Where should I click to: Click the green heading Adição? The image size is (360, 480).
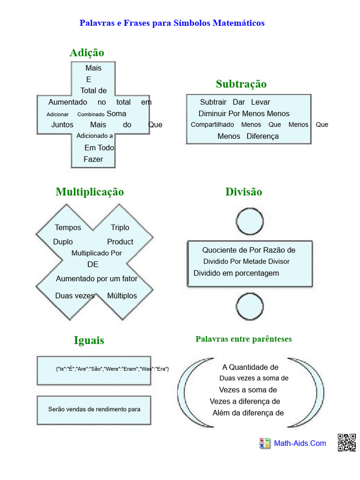pos(87,53)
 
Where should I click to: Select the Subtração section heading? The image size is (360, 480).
pos(241,84)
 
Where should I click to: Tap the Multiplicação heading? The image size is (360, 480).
pos(90,192)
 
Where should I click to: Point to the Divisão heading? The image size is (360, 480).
pos(244,192)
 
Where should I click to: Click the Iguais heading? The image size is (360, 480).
pos(89,340)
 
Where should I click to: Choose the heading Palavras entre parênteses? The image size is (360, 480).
pos(244,339)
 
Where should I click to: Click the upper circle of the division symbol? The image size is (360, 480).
pos(250,221)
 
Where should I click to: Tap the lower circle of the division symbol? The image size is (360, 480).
pos(250,307)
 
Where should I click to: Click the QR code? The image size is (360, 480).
pos(347,442)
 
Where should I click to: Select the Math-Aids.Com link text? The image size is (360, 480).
pos(300,443)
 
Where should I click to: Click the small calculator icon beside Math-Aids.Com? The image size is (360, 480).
pos(264,443)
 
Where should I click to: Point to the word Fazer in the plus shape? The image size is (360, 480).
pos(93,159)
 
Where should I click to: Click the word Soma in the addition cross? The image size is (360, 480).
pos(116,113)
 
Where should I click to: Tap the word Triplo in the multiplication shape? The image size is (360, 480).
pos(120,227)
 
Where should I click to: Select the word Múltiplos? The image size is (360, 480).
pos(122,296)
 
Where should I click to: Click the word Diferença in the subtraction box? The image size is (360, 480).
pos(262,136)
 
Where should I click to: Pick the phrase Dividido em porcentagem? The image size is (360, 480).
pos(236,273)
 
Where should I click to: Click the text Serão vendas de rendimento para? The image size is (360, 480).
pos(94,409)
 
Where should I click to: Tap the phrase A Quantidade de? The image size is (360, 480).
pos(250,367)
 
